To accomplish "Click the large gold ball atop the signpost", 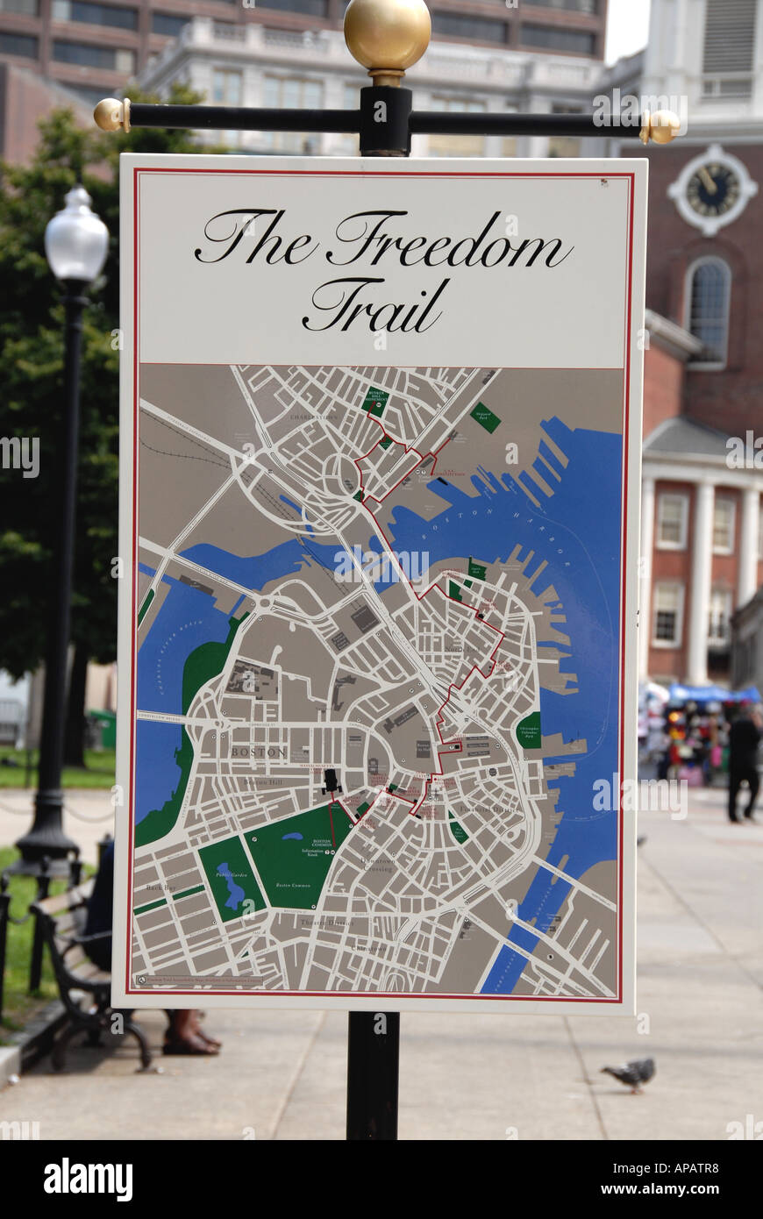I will point(387,35).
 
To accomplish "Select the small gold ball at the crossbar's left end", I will point(110,114).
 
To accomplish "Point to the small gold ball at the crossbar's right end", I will point(663,127).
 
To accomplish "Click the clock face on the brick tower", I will point(711,189).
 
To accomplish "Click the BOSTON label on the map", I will point(259,752).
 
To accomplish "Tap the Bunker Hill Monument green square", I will point(375,402).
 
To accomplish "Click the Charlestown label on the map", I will point(314,417).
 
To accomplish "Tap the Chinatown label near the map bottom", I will point(368,949).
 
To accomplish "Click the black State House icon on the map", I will point(331,780).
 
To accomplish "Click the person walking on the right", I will point(744,763).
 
